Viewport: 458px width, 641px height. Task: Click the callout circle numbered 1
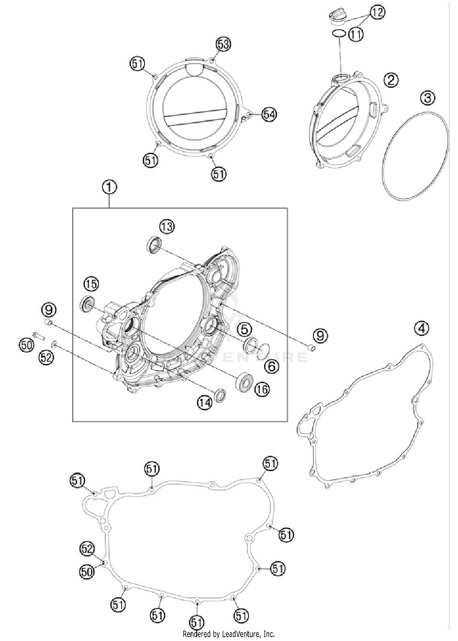pos(109,187)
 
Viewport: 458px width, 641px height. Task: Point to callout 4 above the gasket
pos(422,328)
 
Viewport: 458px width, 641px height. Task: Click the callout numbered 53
pos(223,44)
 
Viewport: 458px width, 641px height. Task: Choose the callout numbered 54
pos(269,115)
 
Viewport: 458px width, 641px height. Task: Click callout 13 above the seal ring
pos(167,227)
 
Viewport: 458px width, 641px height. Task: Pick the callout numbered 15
pos(91,284)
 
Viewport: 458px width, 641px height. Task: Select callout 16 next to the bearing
pos(262,389)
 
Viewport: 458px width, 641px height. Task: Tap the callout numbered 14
pos(204,403)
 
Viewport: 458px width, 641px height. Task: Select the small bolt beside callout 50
pos(38,335)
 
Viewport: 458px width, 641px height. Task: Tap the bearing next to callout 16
pos(245,382)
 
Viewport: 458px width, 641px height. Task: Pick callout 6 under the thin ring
pos(271,366)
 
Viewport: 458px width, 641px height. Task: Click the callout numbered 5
pos(245,329)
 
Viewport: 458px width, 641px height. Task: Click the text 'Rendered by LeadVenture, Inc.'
pos(228,634)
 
